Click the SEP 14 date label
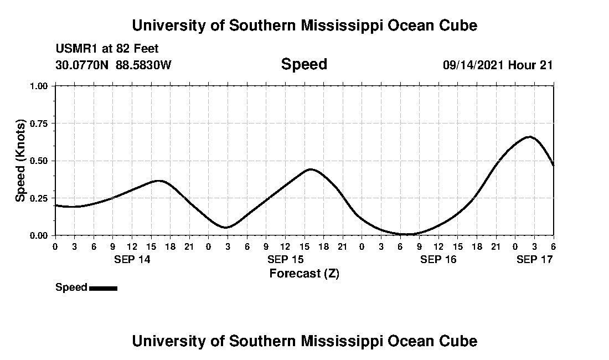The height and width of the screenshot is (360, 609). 132,259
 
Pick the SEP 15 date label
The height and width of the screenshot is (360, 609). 285,259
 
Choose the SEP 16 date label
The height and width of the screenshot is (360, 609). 438,259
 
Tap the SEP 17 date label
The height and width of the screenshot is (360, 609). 534,259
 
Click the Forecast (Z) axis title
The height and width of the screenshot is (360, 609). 304,273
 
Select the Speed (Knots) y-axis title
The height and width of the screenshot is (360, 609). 20,161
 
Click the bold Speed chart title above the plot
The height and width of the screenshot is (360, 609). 304,64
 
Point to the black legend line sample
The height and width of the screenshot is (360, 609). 103,288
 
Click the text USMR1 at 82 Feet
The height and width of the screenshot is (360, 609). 107,49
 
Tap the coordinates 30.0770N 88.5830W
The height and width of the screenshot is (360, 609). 113,65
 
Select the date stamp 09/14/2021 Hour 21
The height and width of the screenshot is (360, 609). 498,65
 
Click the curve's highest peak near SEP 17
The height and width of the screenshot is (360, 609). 530,136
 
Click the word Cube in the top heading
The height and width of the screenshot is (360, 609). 458,25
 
